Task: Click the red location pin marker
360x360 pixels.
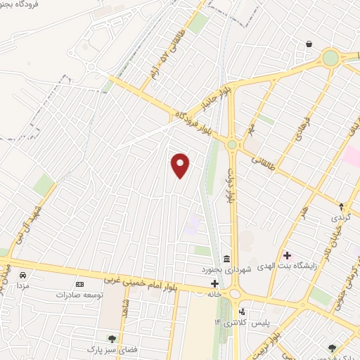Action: [x=181, y=165]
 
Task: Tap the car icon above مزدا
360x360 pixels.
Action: [x=23, y=275]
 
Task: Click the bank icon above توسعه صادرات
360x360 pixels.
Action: [x=79, y=284]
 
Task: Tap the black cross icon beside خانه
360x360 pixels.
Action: [x=214, y=283]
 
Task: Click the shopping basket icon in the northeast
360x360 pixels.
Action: [x=309, y=44]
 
